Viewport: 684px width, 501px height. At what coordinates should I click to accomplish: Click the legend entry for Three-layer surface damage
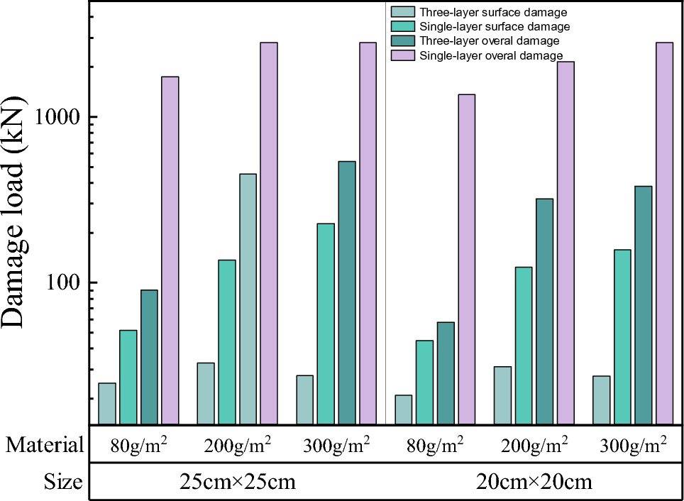click(490, 12)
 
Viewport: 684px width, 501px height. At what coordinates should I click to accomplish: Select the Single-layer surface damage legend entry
click(490, 26)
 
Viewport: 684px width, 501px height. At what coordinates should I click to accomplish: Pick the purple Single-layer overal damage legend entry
click(490, 55)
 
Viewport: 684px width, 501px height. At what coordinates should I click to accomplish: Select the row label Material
click(44, 445)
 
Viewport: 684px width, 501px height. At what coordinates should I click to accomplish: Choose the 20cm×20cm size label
click(534, 483)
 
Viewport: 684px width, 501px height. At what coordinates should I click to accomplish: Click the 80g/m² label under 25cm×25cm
click(139, 445)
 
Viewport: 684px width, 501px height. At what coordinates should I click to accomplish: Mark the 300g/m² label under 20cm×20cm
click(634, 445)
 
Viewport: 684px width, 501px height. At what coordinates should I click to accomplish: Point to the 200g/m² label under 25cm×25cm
click(238, 445)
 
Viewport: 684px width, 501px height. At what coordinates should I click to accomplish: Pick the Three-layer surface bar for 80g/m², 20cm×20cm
click(404, 410)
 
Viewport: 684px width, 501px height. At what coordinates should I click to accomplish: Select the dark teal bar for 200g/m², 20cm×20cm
click(544, 312)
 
